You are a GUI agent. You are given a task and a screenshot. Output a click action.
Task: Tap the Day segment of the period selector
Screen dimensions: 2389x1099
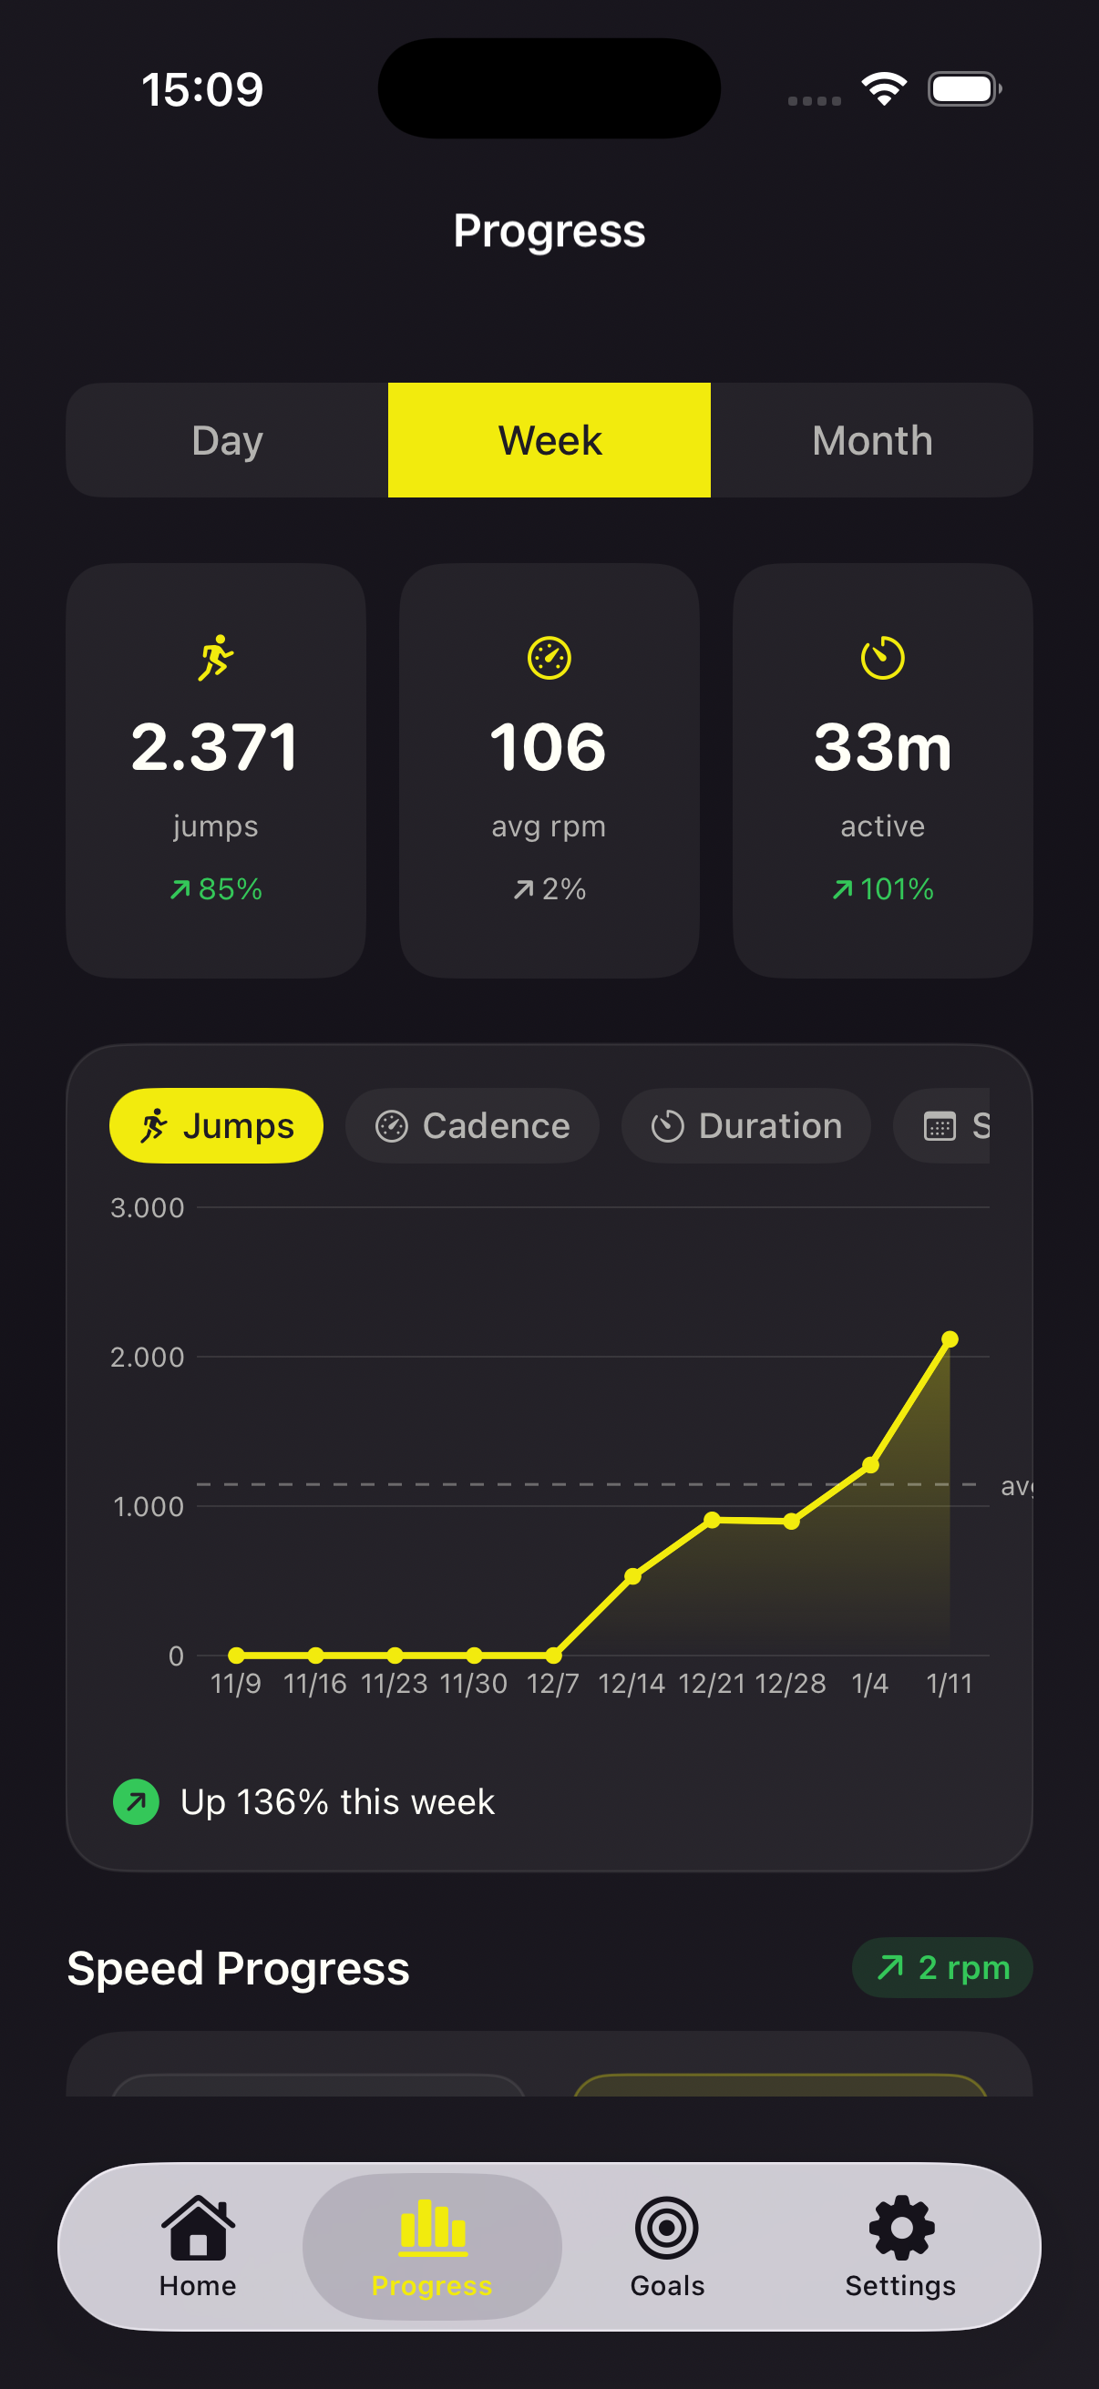[227, 440]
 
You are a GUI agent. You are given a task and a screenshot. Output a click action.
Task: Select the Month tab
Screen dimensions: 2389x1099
[872, 440]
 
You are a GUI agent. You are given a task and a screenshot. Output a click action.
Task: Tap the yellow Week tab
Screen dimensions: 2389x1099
[549, 440]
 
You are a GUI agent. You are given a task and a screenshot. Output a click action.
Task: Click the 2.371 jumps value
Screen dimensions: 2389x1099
[215, 747]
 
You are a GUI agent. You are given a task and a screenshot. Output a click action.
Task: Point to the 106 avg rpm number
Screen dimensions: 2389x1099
[549, 747]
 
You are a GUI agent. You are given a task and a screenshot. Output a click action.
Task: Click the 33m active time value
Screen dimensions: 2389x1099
[882, 747]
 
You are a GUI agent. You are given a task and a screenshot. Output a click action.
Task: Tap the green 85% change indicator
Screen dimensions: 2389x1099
[216, 889]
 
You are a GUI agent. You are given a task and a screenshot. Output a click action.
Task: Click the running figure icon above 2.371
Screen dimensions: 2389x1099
[215, 658]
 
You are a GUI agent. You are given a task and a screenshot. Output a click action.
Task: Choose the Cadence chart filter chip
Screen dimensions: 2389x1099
[472, 1126]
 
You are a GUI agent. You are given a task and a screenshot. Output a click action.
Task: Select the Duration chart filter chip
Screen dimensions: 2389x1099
[745, 1126]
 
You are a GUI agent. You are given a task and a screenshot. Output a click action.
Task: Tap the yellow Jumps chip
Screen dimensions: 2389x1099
[216, 1126]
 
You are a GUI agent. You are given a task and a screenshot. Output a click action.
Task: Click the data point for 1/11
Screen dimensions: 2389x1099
[949, 1339]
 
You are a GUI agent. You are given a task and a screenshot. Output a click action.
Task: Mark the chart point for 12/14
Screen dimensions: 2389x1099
[632, 1575]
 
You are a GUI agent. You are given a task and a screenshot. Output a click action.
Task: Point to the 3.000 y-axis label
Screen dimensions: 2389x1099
[148, 1207]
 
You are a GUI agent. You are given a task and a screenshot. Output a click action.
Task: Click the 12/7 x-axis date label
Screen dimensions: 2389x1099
[553, 1683]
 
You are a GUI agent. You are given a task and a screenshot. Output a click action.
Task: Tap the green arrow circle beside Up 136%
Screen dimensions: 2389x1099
[137, 1802]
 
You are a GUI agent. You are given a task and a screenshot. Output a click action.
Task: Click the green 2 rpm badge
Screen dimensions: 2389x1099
[942, 1967]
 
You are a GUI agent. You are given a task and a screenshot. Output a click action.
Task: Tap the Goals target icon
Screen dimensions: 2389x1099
[667, 2228]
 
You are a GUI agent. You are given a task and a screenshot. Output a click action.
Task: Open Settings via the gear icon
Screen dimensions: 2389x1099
[900, 2228]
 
